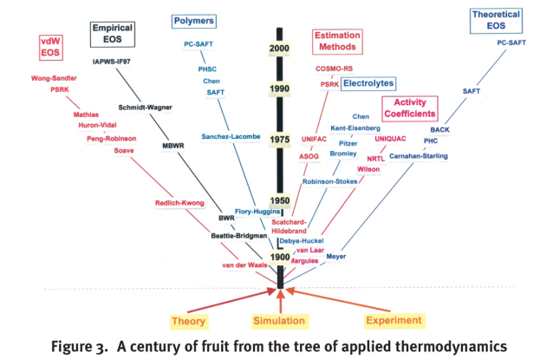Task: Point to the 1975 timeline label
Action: pos(279,140)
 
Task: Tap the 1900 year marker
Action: pos(278,258)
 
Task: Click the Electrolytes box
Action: pos(368,84)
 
